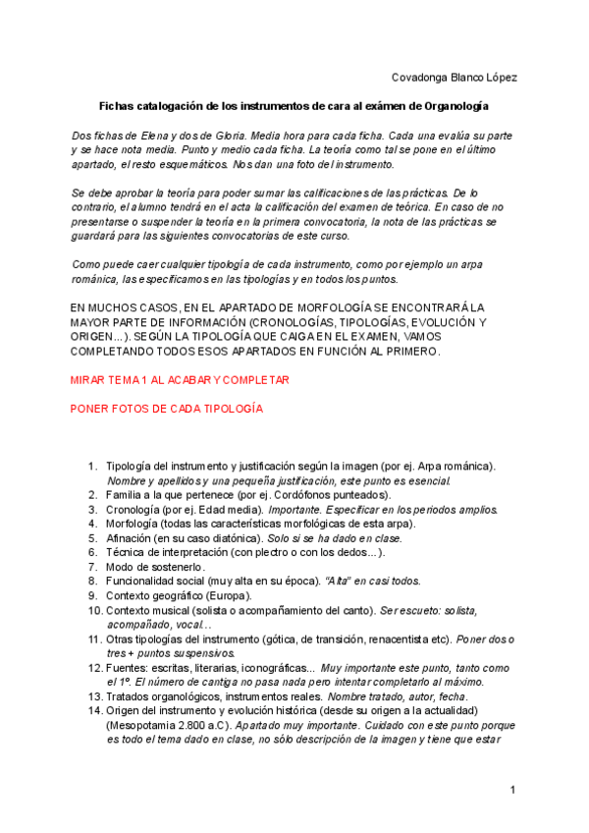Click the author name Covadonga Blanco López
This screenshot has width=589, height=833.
pos(454,77)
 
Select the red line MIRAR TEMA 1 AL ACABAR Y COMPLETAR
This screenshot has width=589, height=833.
pos(180,378)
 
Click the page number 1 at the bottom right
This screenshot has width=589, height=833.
pos(512,790)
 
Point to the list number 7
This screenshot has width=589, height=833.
pos(92,568)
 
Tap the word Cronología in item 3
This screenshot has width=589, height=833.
pos(134,509)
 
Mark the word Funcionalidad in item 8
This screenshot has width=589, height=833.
pos(145,582)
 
